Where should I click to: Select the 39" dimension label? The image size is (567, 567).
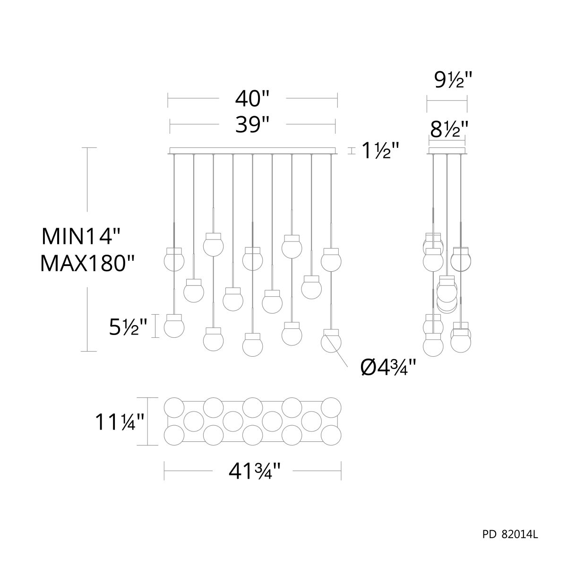click(x=252, y=124)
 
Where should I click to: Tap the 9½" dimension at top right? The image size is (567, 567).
click(x=454, y=80)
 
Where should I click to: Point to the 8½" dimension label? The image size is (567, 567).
click(x=449, y=129)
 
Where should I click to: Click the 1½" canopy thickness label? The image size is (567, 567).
click(x=380, y=150)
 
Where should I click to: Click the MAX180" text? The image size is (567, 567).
click(x=87, y=263)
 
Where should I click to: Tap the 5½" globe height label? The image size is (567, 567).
click(x=128, y=327)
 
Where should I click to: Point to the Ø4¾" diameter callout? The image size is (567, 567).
click(x=388, y=368)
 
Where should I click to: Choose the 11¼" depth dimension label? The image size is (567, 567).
click(x=119, y=422)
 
